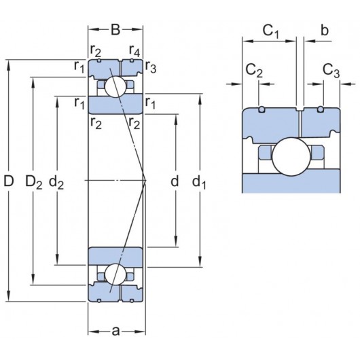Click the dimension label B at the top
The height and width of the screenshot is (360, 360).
click(x=115, y=29)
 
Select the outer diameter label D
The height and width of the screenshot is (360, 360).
click(x=8, y=181)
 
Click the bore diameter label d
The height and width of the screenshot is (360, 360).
click(x=175, y=181)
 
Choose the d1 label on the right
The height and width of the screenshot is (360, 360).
click(x=199, y=181)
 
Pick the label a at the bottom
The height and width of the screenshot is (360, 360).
click(x=115, y=331)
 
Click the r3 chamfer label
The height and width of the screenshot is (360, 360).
click(x=150, y=67)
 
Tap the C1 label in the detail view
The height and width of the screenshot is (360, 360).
click(x=271, y=31)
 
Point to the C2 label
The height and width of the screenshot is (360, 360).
click(x=254, y=70)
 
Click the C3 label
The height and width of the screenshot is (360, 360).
click(x=331, y=70)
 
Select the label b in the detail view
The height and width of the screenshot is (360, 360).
click(x=325, y=31)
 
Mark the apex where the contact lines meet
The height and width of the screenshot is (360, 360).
click(x=146, y=180)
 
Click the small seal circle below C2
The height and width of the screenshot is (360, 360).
click(x=262, y=109)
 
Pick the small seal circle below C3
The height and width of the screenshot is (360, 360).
click(x=321, y=109)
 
